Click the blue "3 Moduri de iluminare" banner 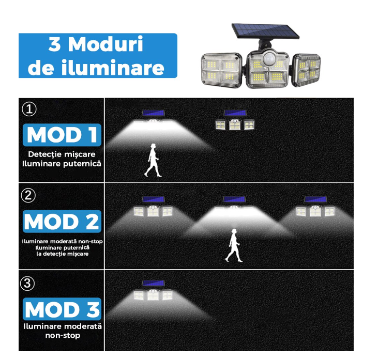click(98, 56)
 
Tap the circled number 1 click(29, 109)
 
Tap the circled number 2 click(29, 195)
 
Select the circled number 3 click(29, 283)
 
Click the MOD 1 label click(62, 135)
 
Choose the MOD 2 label click(62, 222)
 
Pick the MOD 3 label click(62, 309)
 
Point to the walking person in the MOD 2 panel click(233, 245)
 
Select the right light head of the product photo click(307, 70)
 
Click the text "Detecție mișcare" click(62, 154)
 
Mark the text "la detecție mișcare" click(62, 254)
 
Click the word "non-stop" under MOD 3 click(62, 335)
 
